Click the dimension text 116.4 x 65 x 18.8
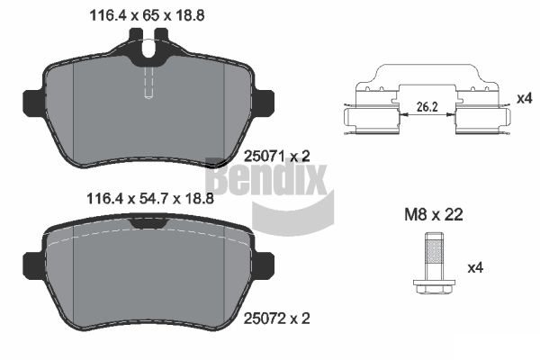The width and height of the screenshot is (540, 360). tap(147, 15)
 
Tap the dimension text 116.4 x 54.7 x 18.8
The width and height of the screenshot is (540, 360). tap(150, 198)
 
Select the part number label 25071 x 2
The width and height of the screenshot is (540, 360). tap(277, 157)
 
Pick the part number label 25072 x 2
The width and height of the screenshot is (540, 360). tap(277, 319)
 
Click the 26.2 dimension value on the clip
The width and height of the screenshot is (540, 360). tap(427, 107)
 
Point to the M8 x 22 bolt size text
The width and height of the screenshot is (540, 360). tap(434, 214)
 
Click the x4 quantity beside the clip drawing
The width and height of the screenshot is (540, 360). tap(525, 99)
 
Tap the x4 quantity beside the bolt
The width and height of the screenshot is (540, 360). tap(475, 267)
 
